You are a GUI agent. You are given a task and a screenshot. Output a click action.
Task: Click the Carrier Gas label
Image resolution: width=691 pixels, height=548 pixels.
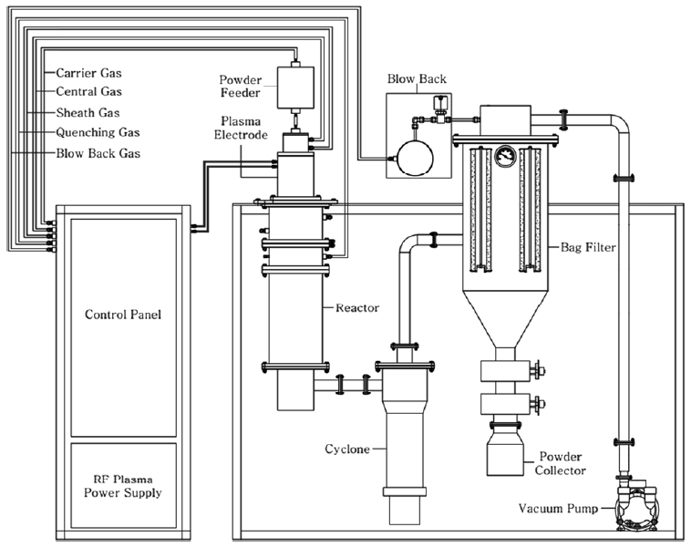(88, 72)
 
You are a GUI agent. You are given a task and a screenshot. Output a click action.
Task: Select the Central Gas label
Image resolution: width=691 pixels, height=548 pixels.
(88, 91)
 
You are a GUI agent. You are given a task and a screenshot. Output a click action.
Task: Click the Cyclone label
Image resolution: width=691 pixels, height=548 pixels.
(347, 450)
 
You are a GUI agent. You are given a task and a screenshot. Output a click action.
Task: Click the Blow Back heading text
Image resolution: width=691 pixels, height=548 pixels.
(416, 79)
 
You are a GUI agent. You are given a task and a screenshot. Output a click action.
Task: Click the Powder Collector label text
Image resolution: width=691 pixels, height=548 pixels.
(562, 462)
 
